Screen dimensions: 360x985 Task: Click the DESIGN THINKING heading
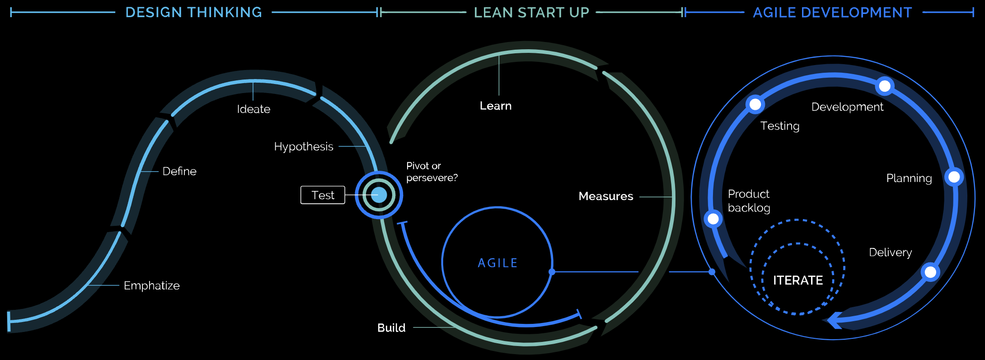point(193,12)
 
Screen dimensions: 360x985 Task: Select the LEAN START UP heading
point(531,13)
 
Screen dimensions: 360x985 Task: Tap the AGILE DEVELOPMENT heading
point(832,13)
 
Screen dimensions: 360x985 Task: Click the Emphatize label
point(151,285)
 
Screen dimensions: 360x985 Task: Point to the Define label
point(179,171)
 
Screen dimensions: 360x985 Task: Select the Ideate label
point(253,109)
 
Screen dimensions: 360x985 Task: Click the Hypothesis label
point(304,146)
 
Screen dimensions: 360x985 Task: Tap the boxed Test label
point(323,195)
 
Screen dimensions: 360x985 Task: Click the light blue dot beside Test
point(379,195)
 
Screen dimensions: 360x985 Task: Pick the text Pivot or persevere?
point(432,172)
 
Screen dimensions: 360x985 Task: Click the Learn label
point(496,106)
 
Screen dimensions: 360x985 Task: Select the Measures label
point(606,196)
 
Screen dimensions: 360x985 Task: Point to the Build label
point(391,327)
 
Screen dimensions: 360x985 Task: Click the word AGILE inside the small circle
point(497,263)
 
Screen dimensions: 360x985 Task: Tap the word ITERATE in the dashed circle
point(798,280)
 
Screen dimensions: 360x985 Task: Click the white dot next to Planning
point(954,177)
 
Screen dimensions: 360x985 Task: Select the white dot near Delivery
point(930,272)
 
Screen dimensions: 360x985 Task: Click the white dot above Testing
point(755,104)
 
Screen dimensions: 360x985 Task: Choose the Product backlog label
point(749,201)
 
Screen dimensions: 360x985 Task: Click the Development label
point(847,107)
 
